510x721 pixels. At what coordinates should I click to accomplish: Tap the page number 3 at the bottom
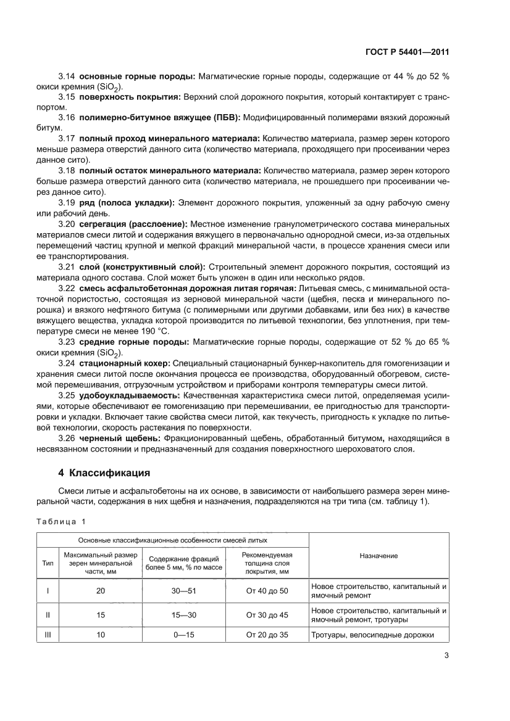(445, 655)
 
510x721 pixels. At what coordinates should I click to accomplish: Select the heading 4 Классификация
(104, 473)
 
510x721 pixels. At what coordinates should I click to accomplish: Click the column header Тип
(48, 563)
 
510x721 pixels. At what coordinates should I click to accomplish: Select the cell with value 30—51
(183, 591)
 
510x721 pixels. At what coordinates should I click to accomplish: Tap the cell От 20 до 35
(267, 635)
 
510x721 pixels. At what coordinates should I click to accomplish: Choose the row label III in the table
(48, 635)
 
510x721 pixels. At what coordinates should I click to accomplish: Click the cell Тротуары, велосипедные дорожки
(373, 635)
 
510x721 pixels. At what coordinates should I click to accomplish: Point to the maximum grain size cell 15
(101, 614)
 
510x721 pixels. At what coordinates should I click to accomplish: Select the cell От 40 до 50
(267, 591)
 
